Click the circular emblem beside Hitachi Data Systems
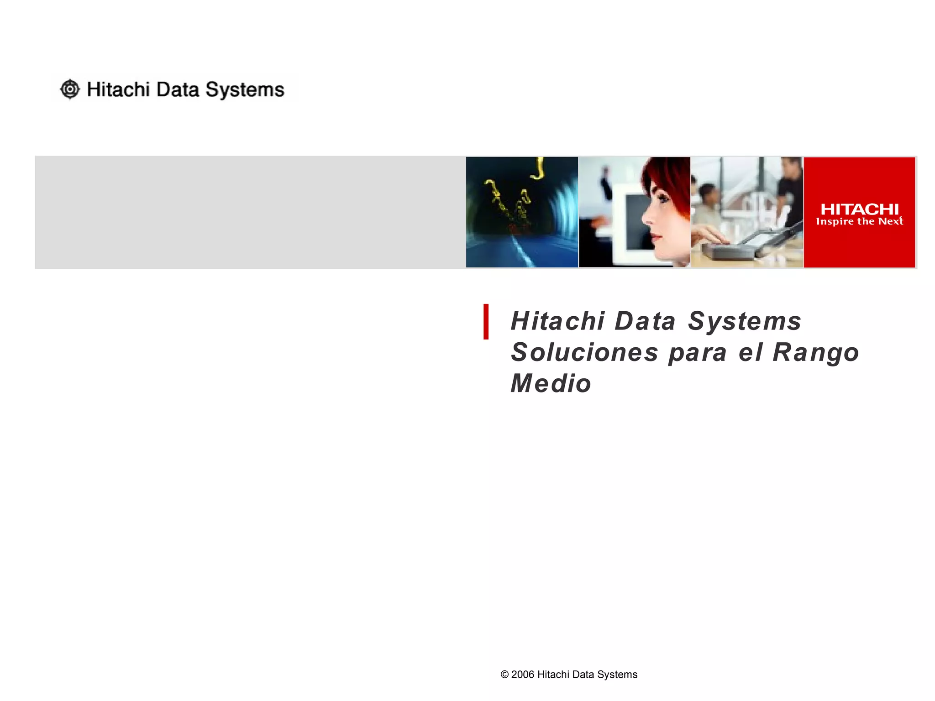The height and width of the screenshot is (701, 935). point(70,89)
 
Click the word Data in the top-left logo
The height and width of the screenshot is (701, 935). point(178,89)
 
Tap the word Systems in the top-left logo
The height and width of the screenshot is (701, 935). point(245,90)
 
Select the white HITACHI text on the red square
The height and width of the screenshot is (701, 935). point(859,209)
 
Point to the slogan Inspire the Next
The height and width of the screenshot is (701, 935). point(859,221)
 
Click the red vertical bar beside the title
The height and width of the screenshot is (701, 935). point(486,322)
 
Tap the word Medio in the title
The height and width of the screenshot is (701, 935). point(551,383)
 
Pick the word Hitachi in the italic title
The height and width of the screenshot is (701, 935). point(558,321)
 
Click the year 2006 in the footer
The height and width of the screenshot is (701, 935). point(522,675)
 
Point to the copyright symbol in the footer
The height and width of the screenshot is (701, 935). point(504,675)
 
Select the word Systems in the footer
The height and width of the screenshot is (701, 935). point(617,675)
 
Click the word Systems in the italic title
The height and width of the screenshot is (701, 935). point(744,321)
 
